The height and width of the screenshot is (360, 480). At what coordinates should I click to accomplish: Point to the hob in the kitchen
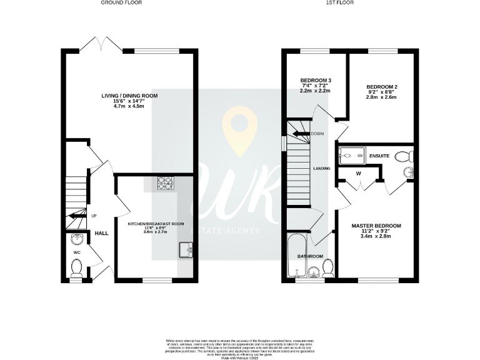(x=165, y=182)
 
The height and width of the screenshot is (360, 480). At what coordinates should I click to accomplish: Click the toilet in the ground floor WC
(x=77, y=268)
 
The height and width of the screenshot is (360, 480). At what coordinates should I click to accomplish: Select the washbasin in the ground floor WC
(x=77, y=240)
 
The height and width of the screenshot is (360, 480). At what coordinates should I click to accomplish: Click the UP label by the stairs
(x=94, y=216)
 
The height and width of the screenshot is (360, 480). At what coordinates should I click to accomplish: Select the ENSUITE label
(x=379, y=155)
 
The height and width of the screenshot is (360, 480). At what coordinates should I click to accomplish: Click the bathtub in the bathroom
(x=294, y=256)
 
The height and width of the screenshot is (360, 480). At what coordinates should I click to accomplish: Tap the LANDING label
(x=322, y=168)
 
